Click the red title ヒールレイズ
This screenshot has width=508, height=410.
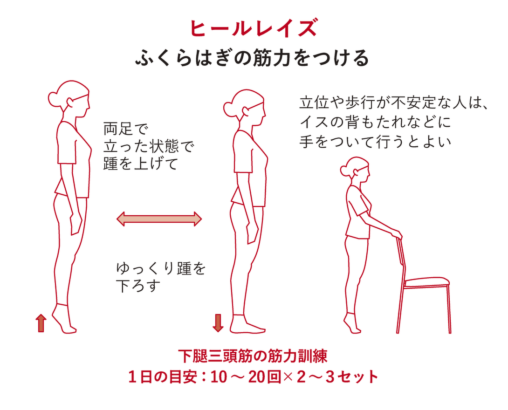tap(254, 29)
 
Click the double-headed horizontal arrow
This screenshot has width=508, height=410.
tap(159, 219)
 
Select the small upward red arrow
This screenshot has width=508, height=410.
tap(41, 323)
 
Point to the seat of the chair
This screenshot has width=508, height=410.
tap(427, 281)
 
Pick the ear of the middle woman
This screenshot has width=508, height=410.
tap(245, 108)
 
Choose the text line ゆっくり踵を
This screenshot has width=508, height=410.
tap(161, 269)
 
